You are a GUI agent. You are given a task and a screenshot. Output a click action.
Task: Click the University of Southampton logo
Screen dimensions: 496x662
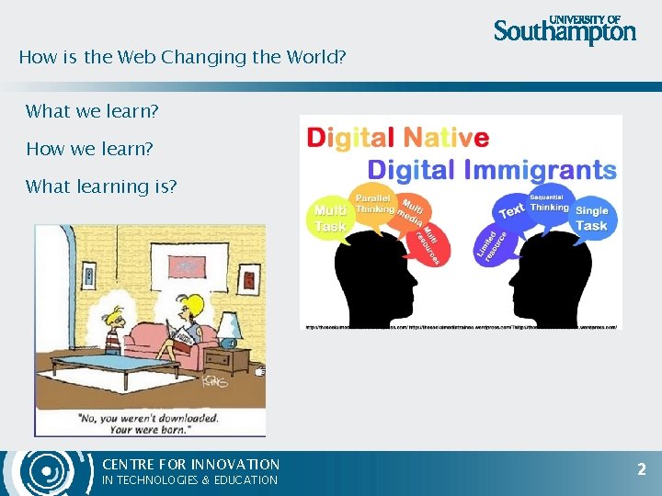coord(565,29)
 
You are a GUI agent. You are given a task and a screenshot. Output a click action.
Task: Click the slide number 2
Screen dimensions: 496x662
coord(642,469)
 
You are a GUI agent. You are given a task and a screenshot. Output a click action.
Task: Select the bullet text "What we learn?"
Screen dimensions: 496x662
coord(92,111)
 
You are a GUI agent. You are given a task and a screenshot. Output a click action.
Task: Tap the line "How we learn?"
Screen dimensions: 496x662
coord(89,149)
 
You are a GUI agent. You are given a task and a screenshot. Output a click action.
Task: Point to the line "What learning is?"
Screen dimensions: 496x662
coord(101,186)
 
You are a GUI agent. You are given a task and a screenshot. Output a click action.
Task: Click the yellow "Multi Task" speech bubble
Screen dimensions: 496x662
coord(331,218)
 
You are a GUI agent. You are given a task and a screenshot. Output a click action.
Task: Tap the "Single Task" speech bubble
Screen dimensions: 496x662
coord(591,218)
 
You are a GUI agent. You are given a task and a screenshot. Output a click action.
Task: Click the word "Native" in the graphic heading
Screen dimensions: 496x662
coord(447,138)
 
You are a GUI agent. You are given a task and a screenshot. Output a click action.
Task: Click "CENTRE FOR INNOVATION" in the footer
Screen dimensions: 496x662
coord(190,465)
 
